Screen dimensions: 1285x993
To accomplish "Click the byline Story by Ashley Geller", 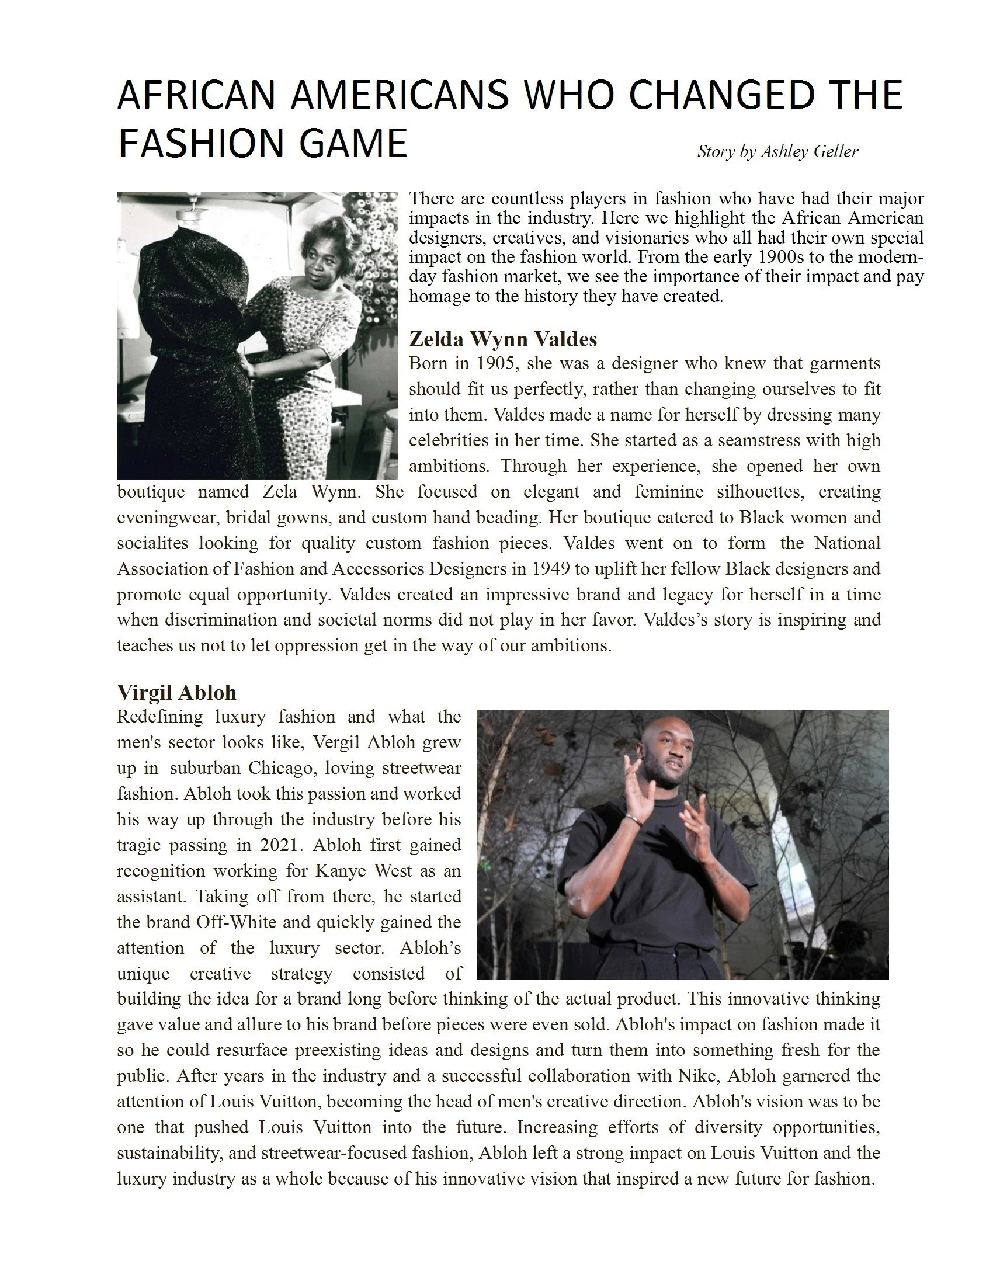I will (777, 152).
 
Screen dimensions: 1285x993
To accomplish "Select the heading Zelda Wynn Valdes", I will (502, 339).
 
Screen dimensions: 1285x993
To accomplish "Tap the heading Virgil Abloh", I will (176, 693).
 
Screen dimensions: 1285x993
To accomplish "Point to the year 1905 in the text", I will (496, 363).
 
